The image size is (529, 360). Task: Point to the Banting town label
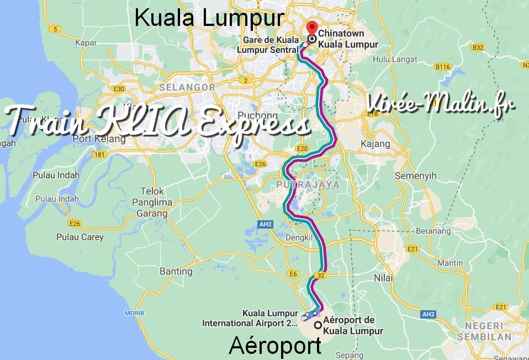point(176,271)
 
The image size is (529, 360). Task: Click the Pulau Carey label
point(80,237)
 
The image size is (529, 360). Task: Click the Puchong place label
point(260,116)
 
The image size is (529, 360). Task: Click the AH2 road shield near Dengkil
point(266,225)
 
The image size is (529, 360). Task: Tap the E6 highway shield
point(294,274)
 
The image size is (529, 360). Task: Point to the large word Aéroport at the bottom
point(275,346)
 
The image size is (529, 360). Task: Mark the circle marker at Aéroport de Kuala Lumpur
point(318,325)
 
